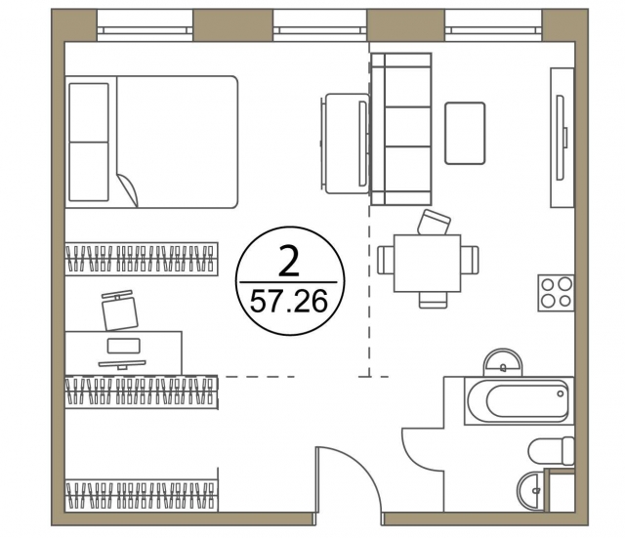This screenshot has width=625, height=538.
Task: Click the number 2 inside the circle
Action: point(289,261)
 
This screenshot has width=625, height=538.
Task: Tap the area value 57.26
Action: point(289,302)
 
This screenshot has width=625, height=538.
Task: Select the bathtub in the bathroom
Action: point(519,401)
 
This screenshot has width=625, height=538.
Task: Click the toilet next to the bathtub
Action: point(551,451)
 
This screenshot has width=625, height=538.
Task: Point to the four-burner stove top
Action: point(556,293)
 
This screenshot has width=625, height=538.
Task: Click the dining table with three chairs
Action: point(428,264)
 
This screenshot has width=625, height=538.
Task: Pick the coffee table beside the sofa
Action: point(465,133)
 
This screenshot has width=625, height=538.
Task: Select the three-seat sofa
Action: point(401,129)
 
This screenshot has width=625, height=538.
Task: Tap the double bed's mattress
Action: point(178,142)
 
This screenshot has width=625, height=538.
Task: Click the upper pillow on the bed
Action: point(89,112)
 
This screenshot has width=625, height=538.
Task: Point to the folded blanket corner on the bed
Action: point(128,189)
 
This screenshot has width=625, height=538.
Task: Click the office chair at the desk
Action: point(119,310)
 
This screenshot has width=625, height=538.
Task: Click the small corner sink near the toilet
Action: point(530,490)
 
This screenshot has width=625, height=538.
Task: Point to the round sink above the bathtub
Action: point(503,362)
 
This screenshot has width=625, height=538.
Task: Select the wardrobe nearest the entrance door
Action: point(142,495)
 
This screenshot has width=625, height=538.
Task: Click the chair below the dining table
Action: point(434,300)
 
